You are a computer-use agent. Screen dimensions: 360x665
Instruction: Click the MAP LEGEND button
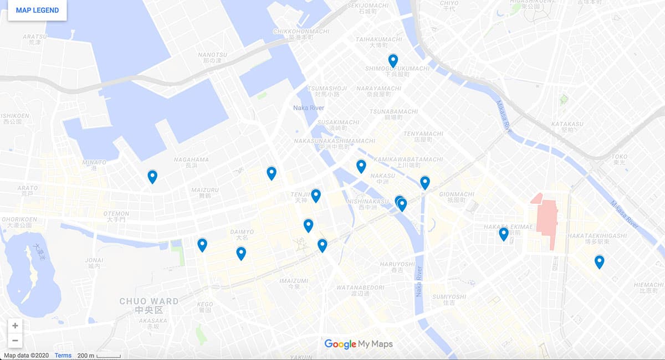tap(37, 11)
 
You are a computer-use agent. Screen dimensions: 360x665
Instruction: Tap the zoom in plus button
tap(15, 326)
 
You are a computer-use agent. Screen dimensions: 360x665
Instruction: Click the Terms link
tap(63, 356)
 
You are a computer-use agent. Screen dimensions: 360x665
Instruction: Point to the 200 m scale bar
tap(99, 356)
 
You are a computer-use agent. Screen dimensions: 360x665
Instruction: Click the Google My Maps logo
tap(359, 344)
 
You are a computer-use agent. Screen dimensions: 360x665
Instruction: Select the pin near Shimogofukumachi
tap(393, 60)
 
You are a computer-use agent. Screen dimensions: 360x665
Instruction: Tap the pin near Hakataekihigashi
tap(599, 261)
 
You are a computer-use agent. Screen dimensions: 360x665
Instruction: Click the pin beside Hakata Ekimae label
tap(503, 234)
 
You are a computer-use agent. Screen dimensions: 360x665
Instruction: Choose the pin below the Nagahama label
tap(152, 176)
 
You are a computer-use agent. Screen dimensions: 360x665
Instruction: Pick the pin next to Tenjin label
tap(316, 195)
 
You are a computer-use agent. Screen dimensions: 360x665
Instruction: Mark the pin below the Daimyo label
tap(241, 253)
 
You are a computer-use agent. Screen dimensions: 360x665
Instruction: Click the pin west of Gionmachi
tap(425, 182)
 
